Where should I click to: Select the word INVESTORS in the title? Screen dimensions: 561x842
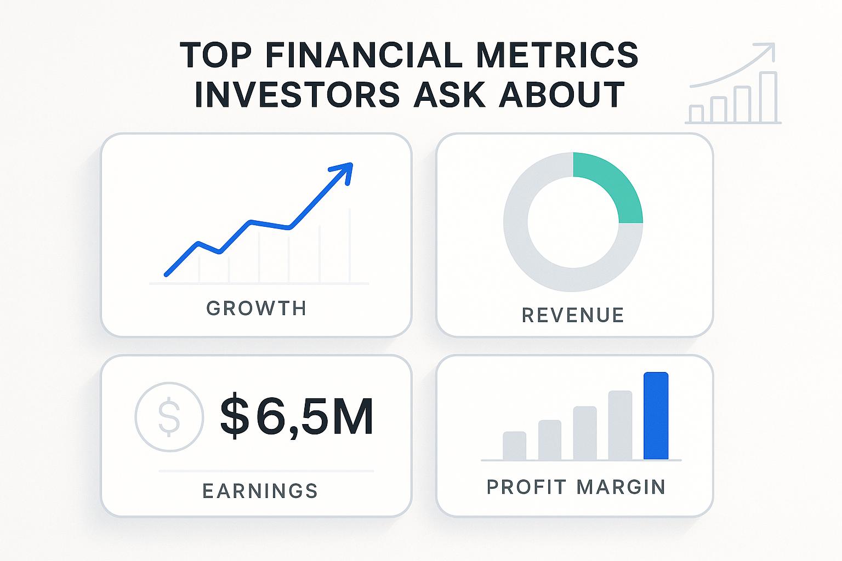(297, 94)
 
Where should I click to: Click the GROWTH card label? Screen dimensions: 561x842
(257, 308)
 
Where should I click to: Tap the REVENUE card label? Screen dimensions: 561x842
(573, 316)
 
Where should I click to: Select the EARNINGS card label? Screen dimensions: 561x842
(260, 490)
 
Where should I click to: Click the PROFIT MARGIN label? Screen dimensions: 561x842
(576, 487)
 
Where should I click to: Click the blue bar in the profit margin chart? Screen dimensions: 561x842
(656, 416)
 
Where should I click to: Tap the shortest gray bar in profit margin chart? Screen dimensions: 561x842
(514, 446)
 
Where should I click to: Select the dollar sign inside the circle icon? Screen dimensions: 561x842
(169, 417)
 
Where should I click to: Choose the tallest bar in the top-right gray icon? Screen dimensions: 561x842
(769, 98)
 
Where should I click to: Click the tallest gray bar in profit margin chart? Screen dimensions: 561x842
(621, 425)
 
